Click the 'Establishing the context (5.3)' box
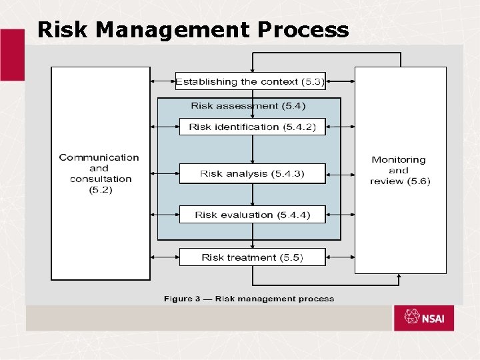pyautogui.click(x=251, y=81)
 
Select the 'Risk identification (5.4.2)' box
pyautogui.click(x=252, y=127)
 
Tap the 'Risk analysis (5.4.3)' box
pyautogui.click(x=252, y=173)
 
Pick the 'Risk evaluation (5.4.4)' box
pyautogui.click(x=252, y=215)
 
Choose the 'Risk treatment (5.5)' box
pyautogui.click(x=252, y=257)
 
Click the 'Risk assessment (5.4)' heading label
pyautogui.click(x=248, y=105)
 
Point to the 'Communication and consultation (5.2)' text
pyautogui.click(x=99, y=173)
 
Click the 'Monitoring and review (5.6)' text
pyautogui.click(x=399, y=170)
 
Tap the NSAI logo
pyautogui.click(x=423, y=318)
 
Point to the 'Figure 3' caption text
pyautogui.click(x=249, y=299)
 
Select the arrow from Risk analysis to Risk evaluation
pyautogui.click(x=253, y=194)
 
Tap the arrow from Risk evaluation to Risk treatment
pyautogui.click(x=253, y=235)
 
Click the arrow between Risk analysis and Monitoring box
pyautogui.click(x=340, y=174)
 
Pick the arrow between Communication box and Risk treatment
pyautogui.click(x=165, y=257)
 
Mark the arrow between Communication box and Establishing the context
pyautogui.click(x=163, y=81)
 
